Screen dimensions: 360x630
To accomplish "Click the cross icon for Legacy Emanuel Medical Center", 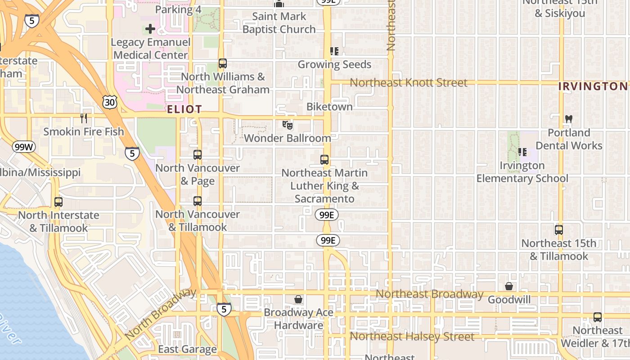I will [x=150, y=29].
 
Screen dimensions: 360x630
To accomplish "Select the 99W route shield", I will [x=23, y=147].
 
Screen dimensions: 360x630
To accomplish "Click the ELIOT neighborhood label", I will [x=184, y=109].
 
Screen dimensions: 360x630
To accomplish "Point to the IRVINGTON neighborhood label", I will [x=593, y=86].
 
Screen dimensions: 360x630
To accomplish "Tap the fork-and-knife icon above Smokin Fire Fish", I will [x=83, y=118].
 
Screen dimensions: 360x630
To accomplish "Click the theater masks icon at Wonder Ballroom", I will [x=287, y=125].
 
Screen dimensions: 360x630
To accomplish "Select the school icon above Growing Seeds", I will [x=334, y=51].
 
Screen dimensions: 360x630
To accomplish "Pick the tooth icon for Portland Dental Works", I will [x=568, y=119].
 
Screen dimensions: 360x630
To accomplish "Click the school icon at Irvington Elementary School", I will [x=522, y=152].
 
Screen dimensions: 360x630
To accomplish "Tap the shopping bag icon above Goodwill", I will [x=509, y=286].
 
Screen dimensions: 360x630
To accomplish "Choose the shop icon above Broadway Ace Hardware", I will [x=298, y=299].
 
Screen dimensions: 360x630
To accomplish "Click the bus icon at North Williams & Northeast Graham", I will [x=222, y=63].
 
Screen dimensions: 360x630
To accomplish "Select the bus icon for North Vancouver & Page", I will [x=197, y=155].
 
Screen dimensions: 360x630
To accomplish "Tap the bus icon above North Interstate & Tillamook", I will [x=58, y=202].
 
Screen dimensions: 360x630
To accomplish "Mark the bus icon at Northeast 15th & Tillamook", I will [x=558, y=230].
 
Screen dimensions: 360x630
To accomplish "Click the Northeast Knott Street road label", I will [x=409, y=83].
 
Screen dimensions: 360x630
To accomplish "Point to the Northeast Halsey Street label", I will [x=412, y=337].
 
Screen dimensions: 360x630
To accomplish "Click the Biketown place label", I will [x=329, y=107].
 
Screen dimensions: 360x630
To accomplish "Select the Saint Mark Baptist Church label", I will [x=279, y=23].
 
